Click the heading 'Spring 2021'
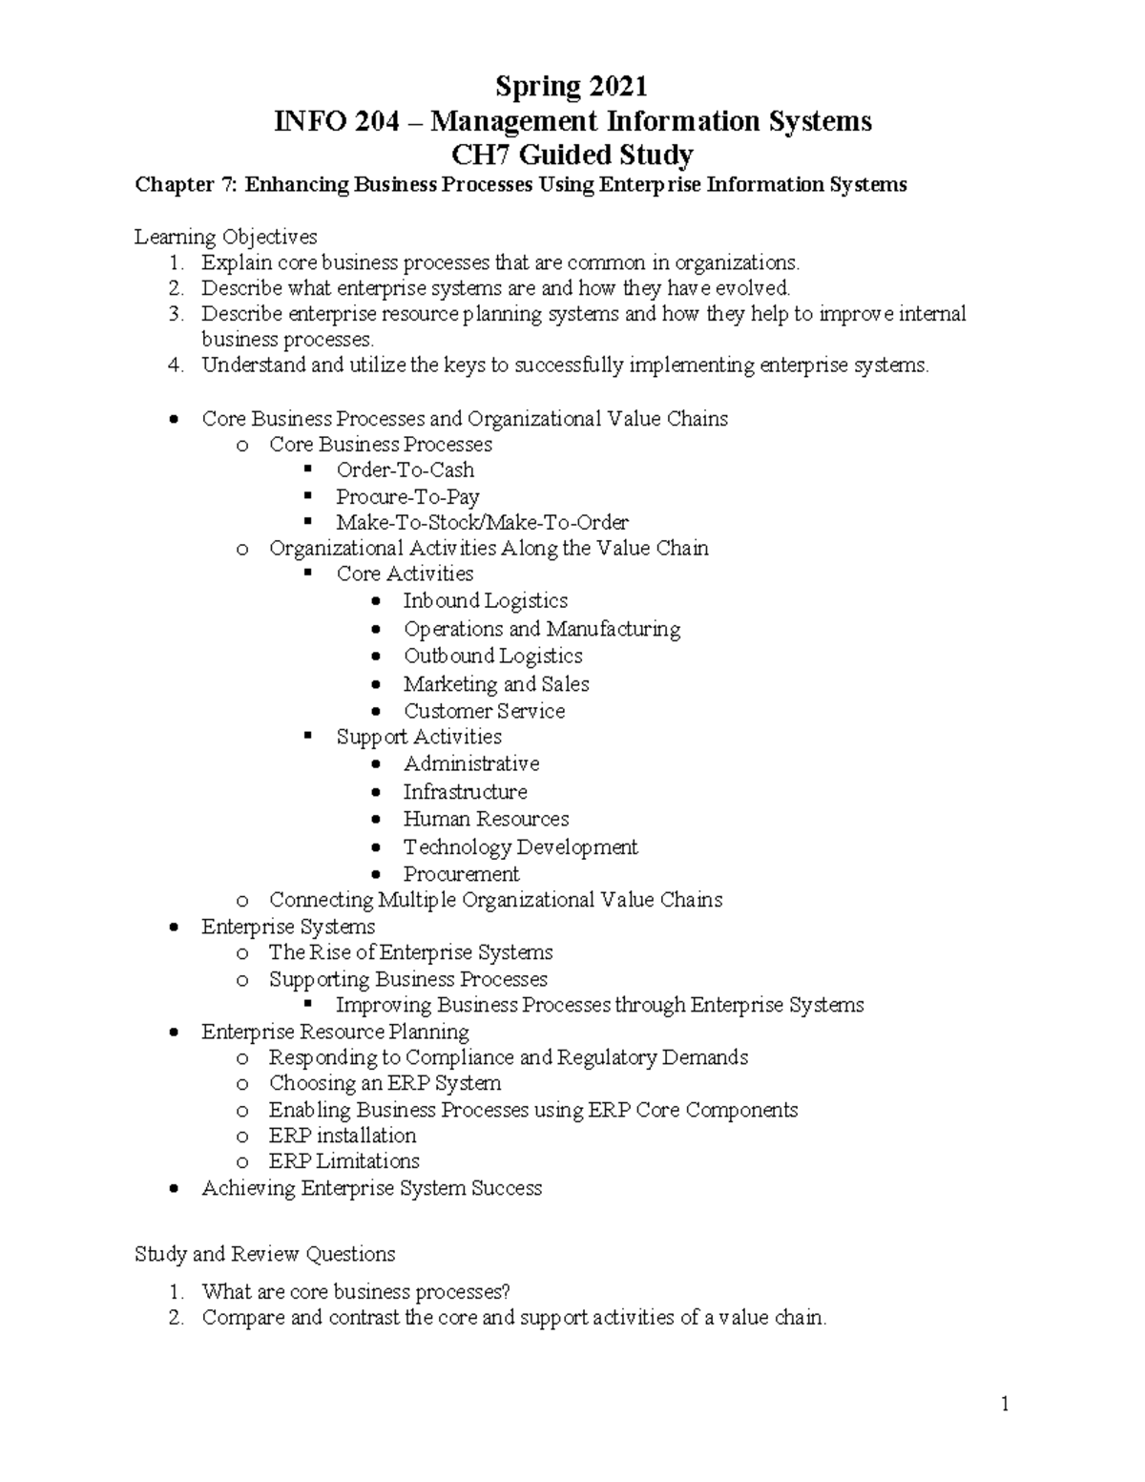click(571, 87)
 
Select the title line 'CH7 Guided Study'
click(572, 154)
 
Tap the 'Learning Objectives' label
click(226, 236)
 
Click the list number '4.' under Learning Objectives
click(176, 365)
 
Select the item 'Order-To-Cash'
click(405, 470)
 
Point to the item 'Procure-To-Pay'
click(407, 496)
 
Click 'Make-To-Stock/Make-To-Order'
click(482, 522)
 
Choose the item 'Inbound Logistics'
click(485, 600)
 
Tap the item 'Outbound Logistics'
click(492, 656)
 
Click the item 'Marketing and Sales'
click(496, 683)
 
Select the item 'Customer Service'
click(484, 711)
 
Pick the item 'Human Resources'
click(486, 819)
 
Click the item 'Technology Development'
click(520, 846)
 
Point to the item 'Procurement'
click(461, 874)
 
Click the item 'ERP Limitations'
click(343, 1160)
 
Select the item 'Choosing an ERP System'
click(385, 1083)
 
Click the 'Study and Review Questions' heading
click(265, 1254)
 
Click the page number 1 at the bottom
click(1005, 1403)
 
